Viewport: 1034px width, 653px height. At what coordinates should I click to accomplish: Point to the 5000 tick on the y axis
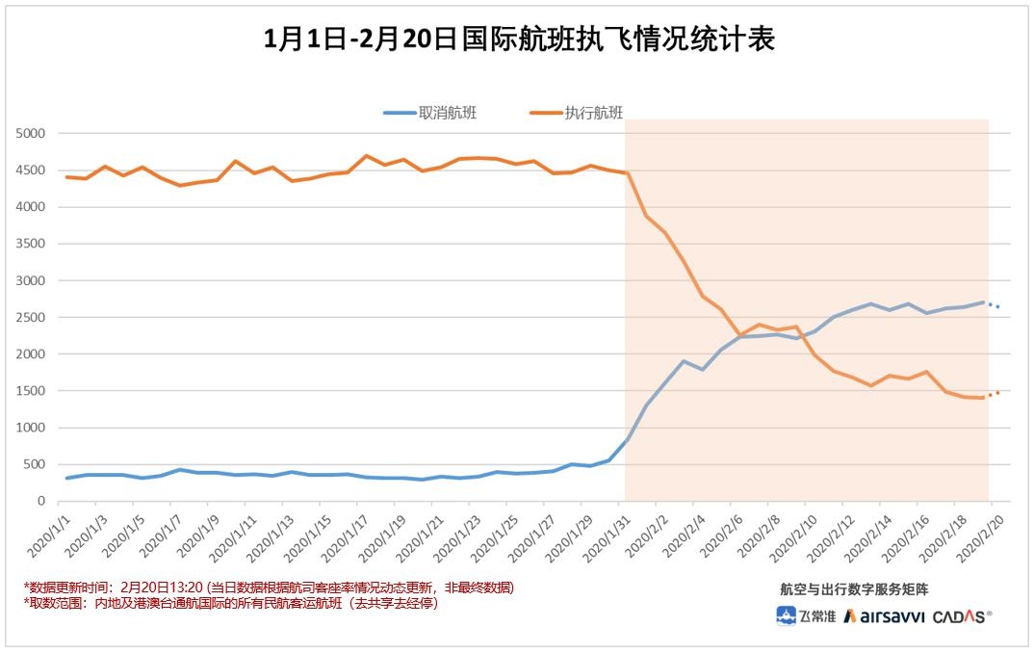pos(31,133)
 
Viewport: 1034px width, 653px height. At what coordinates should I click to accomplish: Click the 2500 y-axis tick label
pos(31,317)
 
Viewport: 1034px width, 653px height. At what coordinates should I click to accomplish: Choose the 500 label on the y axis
pos(35,464)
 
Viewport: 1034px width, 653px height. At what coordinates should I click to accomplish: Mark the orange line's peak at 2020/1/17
pos(366,156)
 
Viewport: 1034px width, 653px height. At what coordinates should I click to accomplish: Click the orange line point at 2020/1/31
pos(627,173)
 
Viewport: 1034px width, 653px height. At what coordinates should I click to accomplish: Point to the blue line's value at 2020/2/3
pos(683,361)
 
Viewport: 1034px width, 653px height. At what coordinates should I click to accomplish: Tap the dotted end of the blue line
pos(995,305)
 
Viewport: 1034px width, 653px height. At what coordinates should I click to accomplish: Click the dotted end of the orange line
pos(995,393)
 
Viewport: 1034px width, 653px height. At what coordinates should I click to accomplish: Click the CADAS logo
pos(962,616)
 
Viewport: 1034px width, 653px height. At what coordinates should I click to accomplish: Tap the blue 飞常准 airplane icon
pos(787,616)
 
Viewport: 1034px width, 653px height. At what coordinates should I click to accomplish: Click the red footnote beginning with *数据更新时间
pos(269,588)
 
